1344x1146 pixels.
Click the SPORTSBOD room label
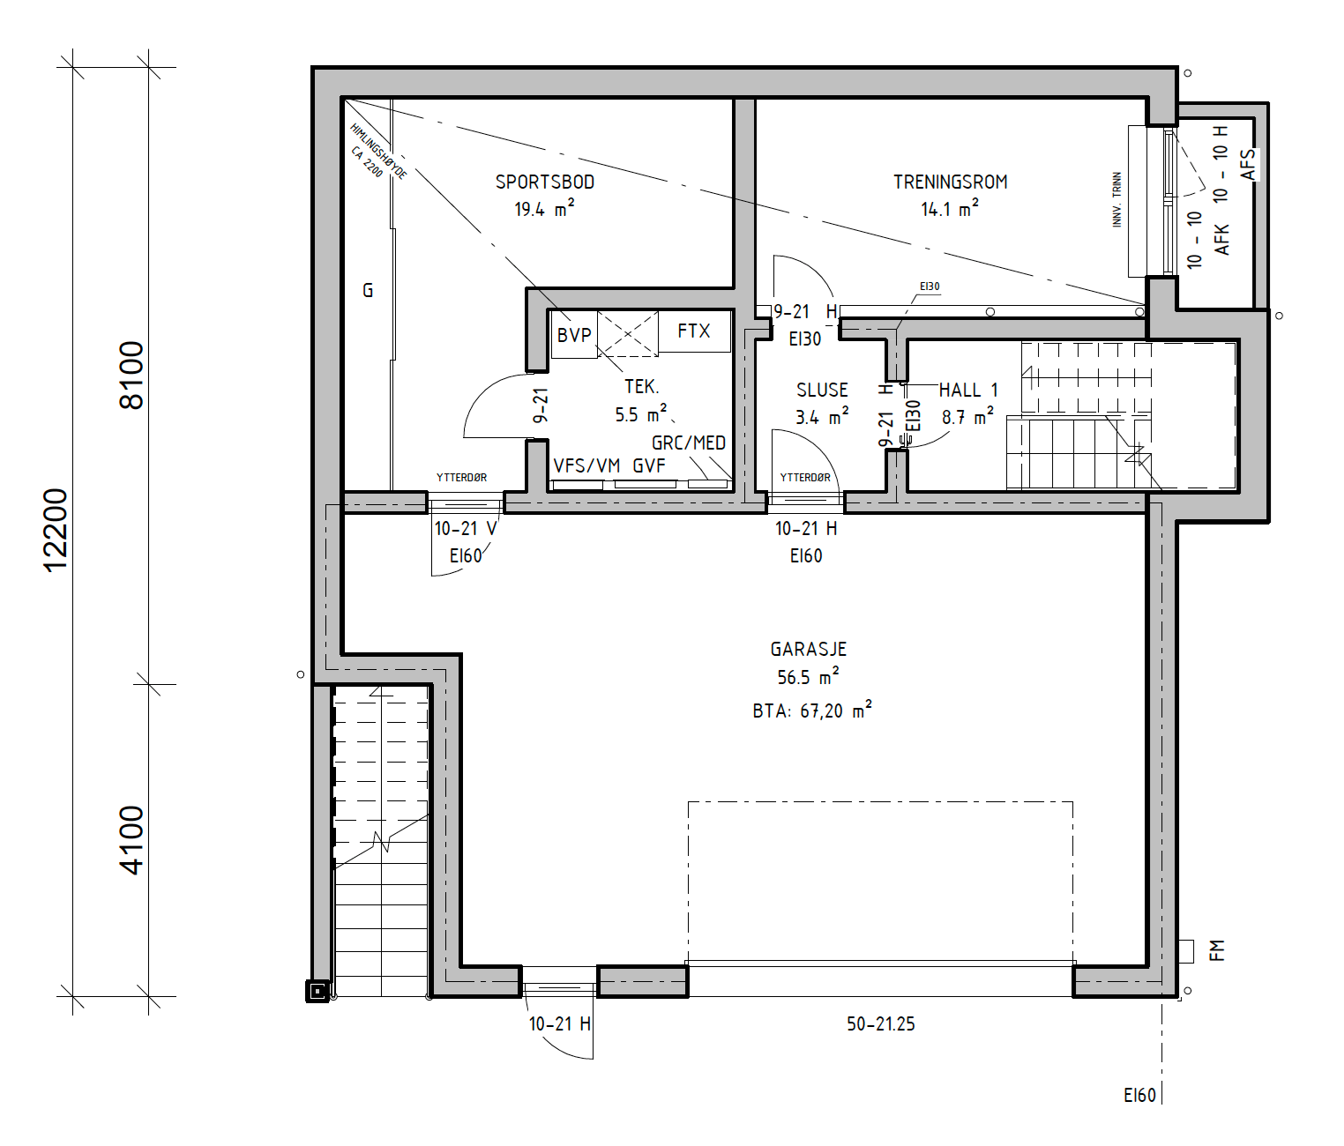[x=545, y=182]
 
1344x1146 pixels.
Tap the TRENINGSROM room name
[x=950, y=182]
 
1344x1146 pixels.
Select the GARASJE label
[x=808, y=649]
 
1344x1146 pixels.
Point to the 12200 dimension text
[x=56, y=531]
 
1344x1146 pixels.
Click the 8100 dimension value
[x=131, y=375]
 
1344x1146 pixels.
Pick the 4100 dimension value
[x=131, y=840]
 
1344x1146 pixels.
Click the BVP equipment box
[x=574, y=335]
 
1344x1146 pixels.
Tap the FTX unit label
[x=694, y=331]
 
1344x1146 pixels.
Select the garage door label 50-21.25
[x=880, y=1023]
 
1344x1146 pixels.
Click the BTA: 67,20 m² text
[x=812, y=710]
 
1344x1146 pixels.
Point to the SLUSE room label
[x=822, y=390]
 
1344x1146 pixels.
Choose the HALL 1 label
[x=968, y=390]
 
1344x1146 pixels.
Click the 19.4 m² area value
[x=544, y=209]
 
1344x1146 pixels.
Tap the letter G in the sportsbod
[x=368, y=291]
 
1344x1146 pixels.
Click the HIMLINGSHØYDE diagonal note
[x=378, y=152]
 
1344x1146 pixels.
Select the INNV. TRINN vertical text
[x=1117, y=199]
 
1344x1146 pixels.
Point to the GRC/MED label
[x=689, y=443]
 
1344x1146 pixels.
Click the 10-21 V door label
[x=466, y=528]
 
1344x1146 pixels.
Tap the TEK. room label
[x=642, y=387]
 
